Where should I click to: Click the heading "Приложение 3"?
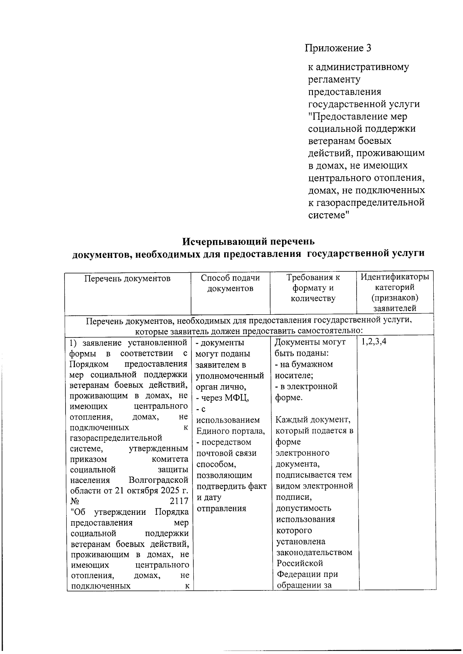[338, 48]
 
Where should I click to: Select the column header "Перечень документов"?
[127, 278]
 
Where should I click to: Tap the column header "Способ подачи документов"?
[230, 283]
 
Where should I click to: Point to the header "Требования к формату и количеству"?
[313, 288]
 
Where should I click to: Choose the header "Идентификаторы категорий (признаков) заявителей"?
[395, 292]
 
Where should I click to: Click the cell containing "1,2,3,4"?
[373, 342]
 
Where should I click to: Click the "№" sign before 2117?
[75, 501]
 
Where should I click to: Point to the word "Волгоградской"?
[159, 480]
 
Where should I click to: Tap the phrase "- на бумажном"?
[304, 364]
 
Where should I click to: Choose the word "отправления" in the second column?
[221, 509]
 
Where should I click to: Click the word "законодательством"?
[314, 552]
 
